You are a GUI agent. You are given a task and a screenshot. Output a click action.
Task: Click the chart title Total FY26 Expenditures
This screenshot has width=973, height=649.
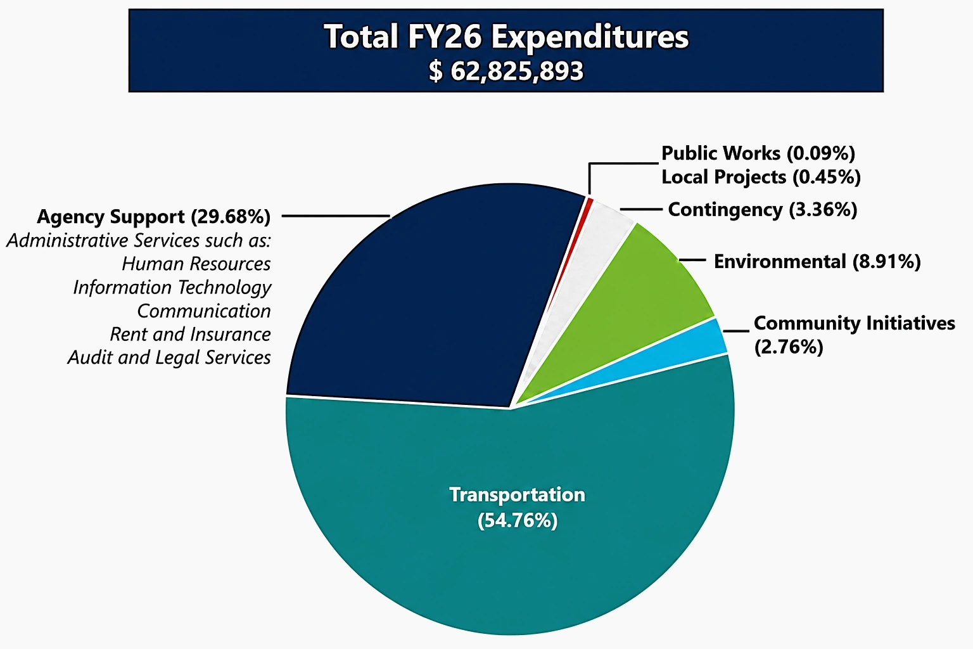[506, 37]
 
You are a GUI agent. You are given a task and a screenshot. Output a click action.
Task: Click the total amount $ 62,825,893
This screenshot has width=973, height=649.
[506, 71]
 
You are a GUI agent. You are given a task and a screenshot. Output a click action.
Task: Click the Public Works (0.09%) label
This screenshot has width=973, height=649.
[758, 153]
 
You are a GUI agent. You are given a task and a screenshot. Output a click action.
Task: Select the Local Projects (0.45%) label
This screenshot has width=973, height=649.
[761, 177]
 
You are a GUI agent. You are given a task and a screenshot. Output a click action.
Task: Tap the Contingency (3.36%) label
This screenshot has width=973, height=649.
[762, 210]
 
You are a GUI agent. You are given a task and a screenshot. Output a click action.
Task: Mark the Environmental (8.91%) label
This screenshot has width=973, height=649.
[817, 262]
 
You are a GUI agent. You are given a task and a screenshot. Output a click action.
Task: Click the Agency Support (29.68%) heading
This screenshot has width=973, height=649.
[153, 217]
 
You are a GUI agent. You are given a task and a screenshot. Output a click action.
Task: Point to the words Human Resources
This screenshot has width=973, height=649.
[196, 264]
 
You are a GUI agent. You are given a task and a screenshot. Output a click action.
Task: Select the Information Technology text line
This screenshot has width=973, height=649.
[172, 287]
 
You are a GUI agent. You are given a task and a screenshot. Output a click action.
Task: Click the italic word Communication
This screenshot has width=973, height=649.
[204, 311]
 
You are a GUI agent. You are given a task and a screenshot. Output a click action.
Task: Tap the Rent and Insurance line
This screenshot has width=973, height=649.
[190, 334]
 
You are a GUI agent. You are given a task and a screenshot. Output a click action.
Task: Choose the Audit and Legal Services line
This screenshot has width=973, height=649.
[169, 357]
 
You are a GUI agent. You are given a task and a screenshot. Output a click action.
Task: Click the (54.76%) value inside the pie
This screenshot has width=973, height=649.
[517, 520]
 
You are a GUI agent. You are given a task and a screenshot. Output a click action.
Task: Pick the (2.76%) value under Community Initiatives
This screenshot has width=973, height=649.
[788, 347]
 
